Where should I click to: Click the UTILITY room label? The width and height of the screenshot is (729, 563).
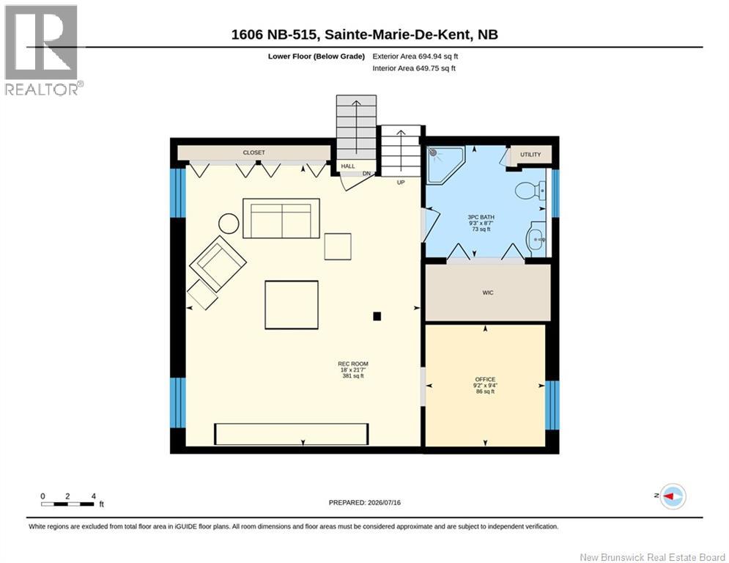click(x=530, y=155)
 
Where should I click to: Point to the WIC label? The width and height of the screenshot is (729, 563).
click(x=488, y=292)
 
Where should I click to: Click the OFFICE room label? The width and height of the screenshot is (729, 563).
click(x=485, y=379)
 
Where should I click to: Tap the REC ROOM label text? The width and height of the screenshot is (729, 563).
click(x=353, y=364)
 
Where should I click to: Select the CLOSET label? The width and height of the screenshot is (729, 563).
click(x=254, y=152)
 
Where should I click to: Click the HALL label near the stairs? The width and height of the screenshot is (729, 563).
click(x=348, y=166)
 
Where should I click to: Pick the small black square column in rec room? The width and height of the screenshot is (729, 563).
click(x=377, y=317)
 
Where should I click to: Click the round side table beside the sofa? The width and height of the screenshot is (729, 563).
click(x=229, y=224)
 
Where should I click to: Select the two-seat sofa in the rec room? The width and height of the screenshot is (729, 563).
click(x=281, y=218)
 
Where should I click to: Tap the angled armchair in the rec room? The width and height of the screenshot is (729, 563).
click(x=218, y=264)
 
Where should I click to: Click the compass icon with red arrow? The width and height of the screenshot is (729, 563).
click(x=673, y=496)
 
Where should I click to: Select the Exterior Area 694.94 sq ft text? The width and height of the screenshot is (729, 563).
click(x=415, y=56)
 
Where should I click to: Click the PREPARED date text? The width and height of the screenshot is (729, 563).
click(x=365, y=502)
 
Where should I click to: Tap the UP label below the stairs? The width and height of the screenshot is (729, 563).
click(x=401, y=183)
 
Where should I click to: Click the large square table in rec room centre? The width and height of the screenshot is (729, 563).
click(x=292, y=305)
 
